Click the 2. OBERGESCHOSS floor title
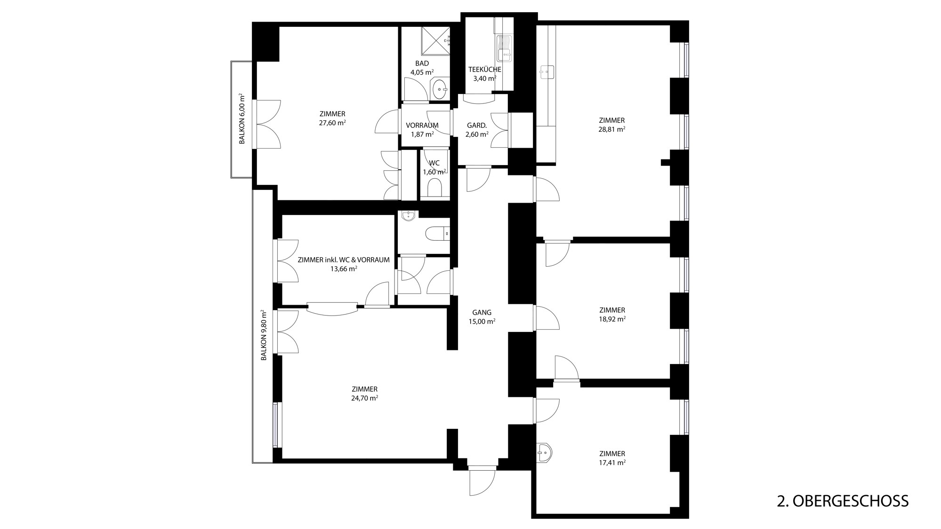(843, 501)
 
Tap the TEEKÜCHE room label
(484, 70)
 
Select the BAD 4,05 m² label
(422, 68)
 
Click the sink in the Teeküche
(505, 48)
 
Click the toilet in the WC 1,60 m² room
(434, 189)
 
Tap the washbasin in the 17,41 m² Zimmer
(544, 453)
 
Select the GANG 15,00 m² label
(482, 317)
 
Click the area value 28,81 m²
(611, 129)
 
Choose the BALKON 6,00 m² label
(242, 119)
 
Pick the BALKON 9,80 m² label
(264, 335)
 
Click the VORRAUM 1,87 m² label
(422, 130)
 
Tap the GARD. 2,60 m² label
(477, 130)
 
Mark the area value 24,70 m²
(364, 398)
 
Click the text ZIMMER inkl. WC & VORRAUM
(344, 260)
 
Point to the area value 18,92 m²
(612, 319)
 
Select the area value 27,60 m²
(332, 123)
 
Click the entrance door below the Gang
(483, 480)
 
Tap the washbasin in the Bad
(441, 88)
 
